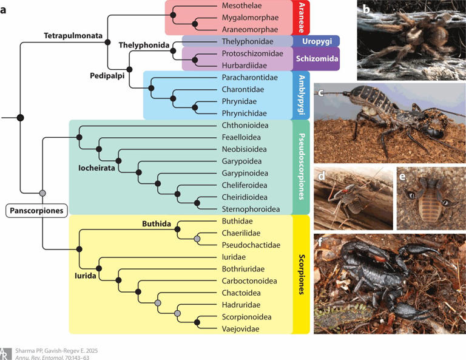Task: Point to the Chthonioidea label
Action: click(243, 126)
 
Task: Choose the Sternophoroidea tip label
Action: click(250, 209)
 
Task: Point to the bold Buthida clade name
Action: click(157, 223)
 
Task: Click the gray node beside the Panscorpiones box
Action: click(42, 193)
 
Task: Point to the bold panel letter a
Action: click(5, 9)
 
